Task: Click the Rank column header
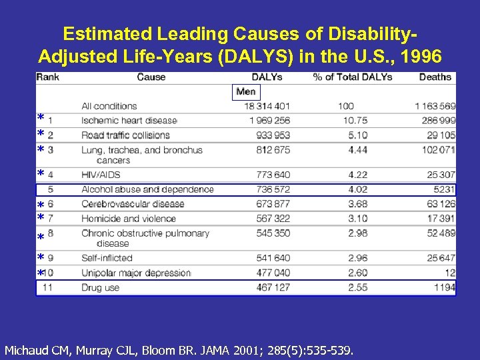[48, 77]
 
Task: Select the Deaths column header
[435, 77]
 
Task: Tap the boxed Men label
[246, 91]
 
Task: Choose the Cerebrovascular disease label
[133, 204]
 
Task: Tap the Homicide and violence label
[128, 219]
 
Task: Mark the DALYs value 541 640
[273, 258]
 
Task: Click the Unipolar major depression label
[136, 273]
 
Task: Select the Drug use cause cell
[100, 287]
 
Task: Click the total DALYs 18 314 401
[267, 106]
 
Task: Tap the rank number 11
[48, 287]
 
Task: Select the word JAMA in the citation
[194, 349]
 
